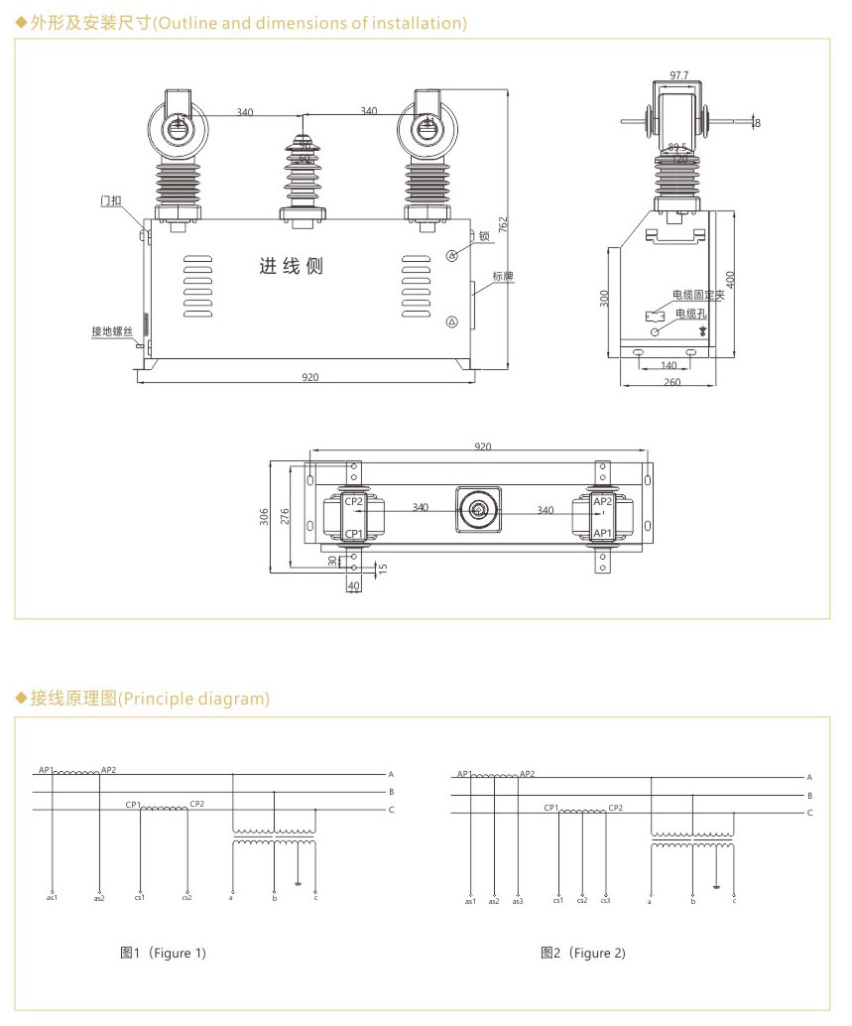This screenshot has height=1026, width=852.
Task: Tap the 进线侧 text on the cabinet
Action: (292, 267)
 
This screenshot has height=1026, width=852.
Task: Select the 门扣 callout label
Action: (111, 200)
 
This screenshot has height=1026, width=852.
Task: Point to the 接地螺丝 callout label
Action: (110, 331)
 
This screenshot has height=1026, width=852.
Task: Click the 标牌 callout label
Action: (503, 276)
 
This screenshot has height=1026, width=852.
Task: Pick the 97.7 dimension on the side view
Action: (679, 74)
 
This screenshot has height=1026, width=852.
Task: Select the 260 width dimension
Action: (672, 382)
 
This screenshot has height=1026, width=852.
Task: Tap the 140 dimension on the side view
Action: (669, 365)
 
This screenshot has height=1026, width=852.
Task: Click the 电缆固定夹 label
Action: (699, 295)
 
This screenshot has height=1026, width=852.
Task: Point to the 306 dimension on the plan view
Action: (265, 516)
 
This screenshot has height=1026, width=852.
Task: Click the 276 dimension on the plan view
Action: (285, 516)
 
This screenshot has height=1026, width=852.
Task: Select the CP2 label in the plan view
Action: (354, 501)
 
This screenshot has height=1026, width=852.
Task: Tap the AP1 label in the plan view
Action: (602, 534)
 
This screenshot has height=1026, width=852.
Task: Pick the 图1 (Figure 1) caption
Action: (163, 954)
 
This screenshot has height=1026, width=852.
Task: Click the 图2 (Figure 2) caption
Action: (583, 954)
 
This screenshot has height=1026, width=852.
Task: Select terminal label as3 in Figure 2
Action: (518, 901)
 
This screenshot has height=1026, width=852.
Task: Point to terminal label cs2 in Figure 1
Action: (186, 898)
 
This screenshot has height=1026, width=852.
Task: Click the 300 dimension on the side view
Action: (604, 299)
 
